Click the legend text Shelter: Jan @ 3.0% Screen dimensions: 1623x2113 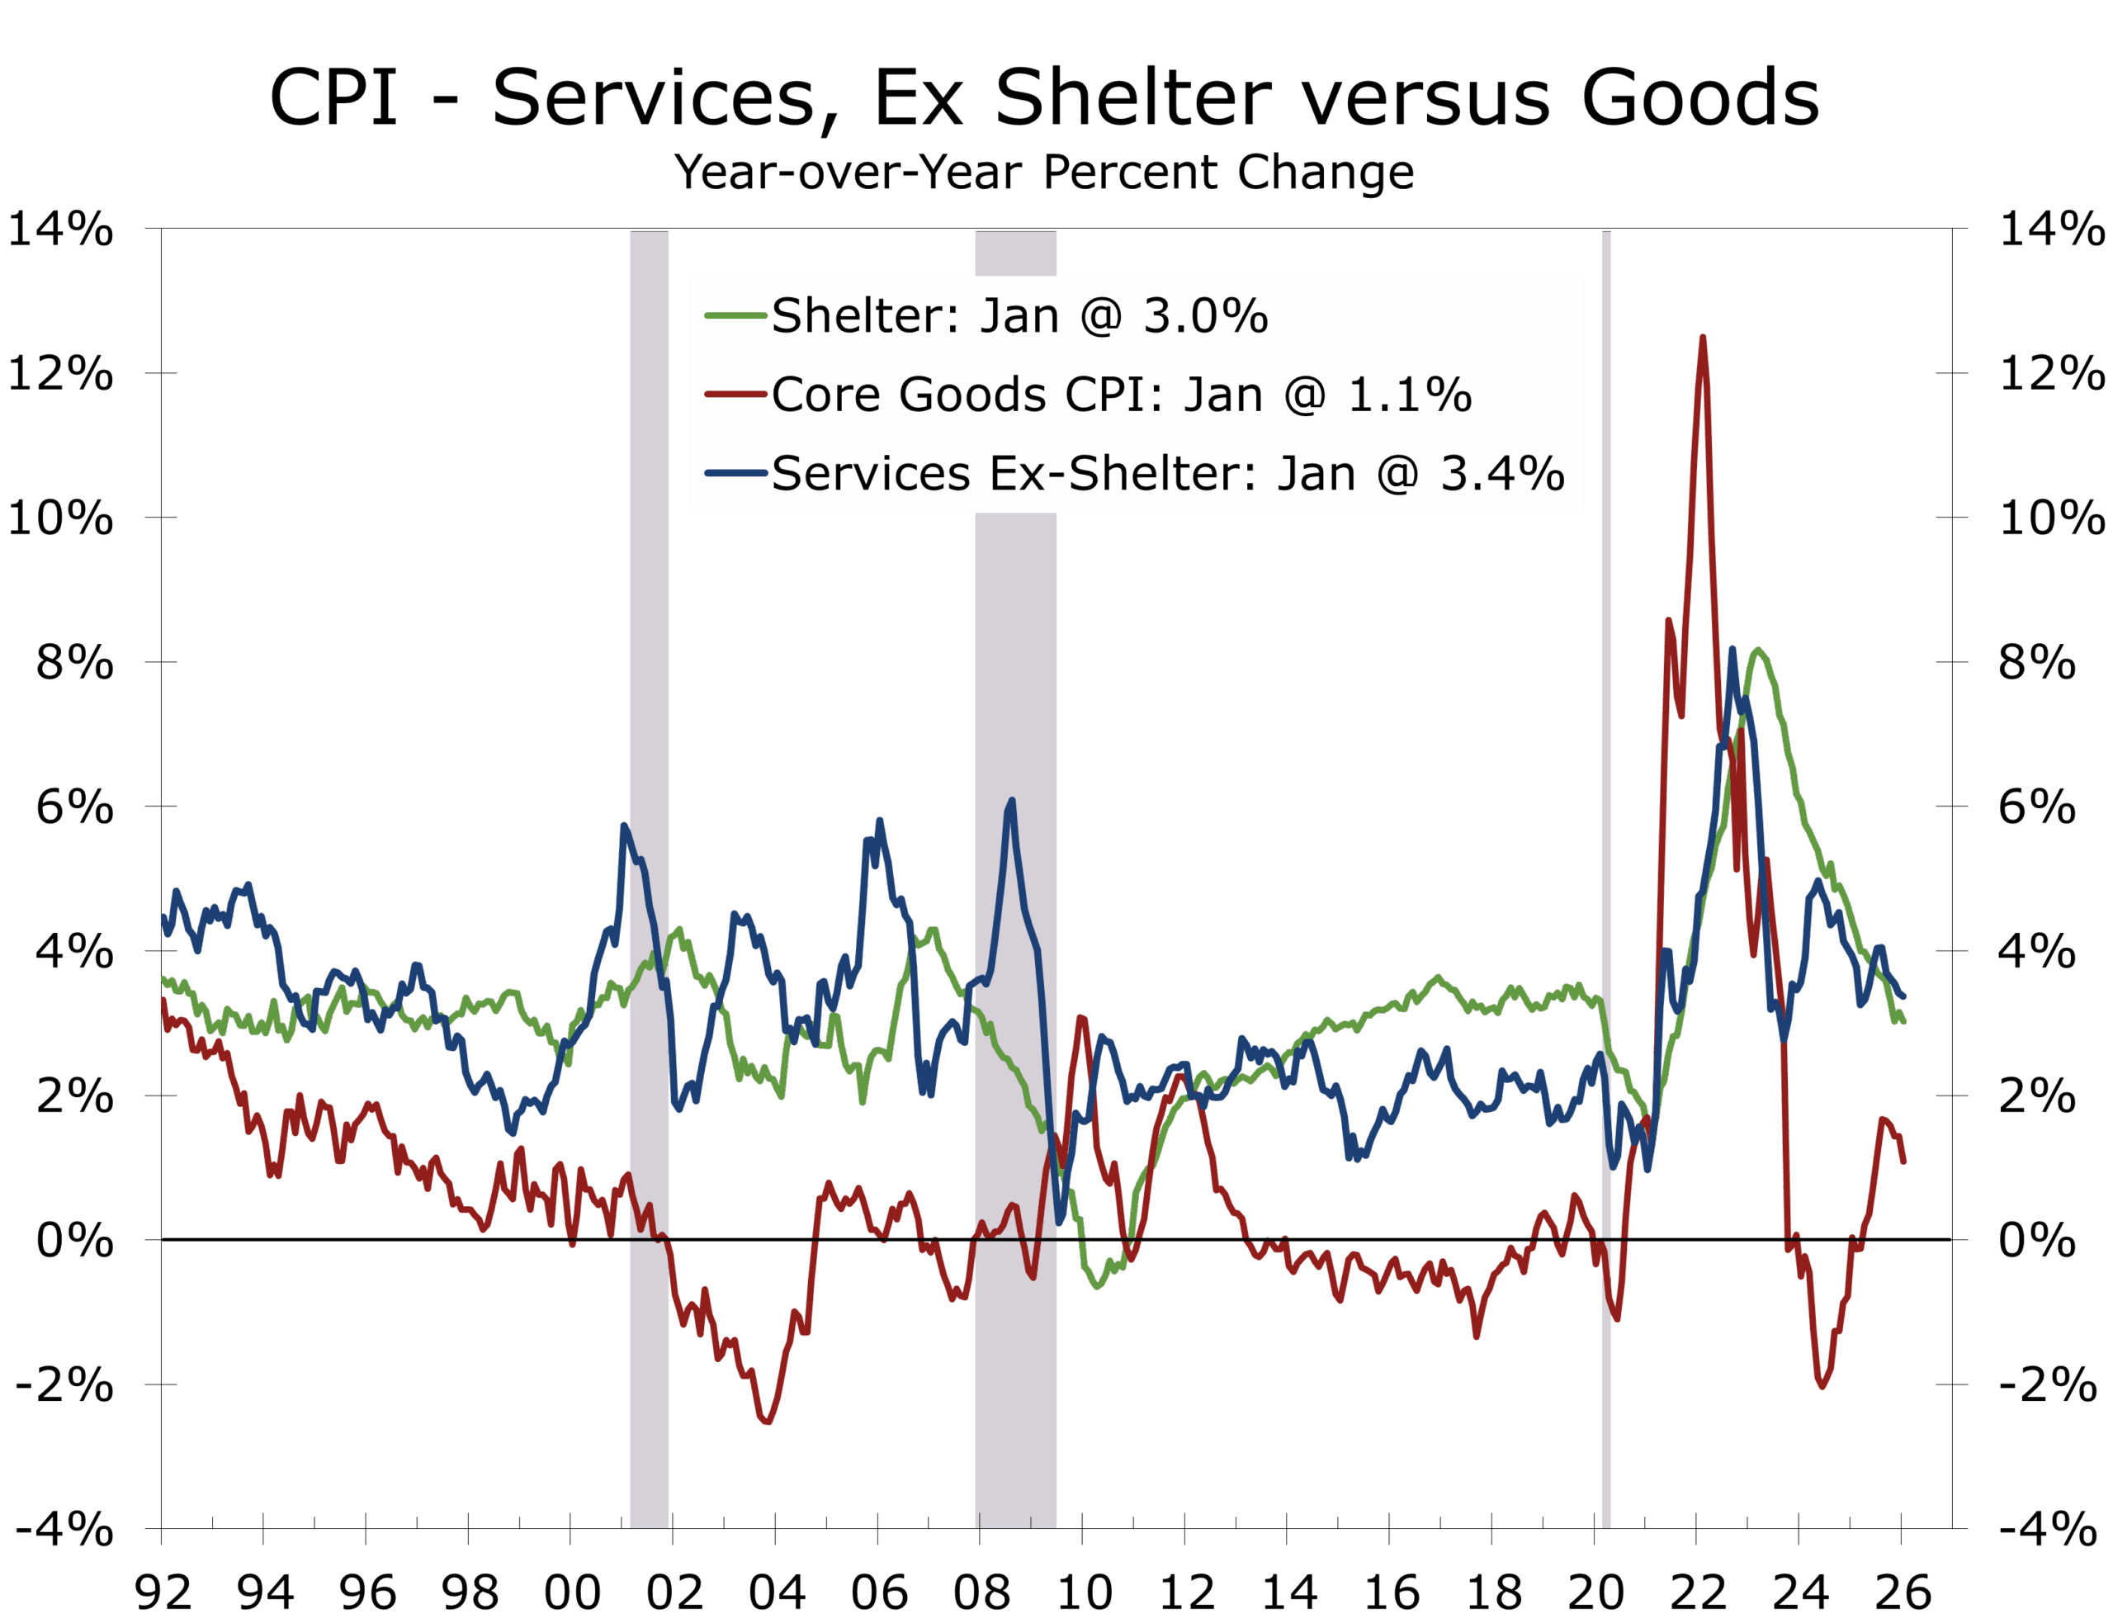pos(1019,316)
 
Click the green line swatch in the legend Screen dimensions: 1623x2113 pos(735,316)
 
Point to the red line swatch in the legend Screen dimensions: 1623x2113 pos(735,395)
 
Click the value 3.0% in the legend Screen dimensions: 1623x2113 pos(1205,316)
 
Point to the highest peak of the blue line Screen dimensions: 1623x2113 pos(1011,800)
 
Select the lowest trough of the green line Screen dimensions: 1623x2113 pos(1098,1287)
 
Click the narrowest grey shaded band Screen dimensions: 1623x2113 pos(1607,869)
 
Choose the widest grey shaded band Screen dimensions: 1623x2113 pos(1015,1352)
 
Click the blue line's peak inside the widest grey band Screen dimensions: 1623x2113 pos(1011,800)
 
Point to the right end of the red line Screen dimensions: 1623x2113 pos(1903,1162)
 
